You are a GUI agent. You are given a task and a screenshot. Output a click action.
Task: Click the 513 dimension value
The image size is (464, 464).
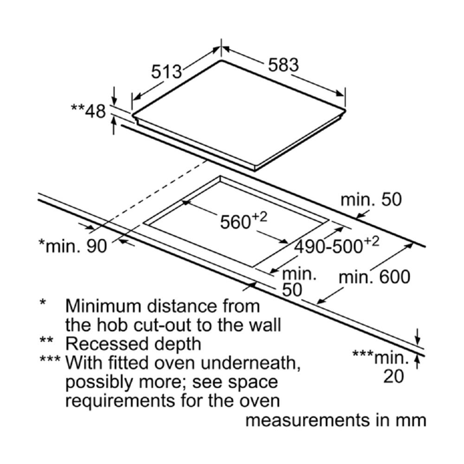pos(167,71)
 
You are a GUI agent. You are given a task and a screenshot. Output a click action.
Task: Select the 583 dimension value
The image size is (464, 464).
pos(284,64)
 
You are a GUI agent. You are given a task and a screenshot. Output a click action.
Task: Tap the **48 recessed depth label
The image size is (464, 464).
pos(89,111)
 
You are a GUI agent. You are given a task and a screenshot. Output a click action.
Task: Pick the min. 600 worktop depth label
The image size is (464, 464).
pos(374,277)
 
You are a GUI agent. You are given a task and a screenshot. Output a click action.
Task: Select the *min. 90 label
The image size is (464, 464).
pos(73,245)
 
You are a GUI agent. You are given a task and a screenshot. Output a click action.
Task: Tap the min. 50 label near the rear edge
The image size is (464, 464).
pos(371,200)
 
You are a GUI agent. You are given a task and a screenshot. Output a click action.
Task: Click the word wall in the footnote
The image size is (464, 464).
pos(264,325)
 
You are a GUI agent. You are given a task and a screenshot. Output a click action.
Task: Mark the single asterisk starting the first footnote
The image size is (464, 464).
pos(43,303)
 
